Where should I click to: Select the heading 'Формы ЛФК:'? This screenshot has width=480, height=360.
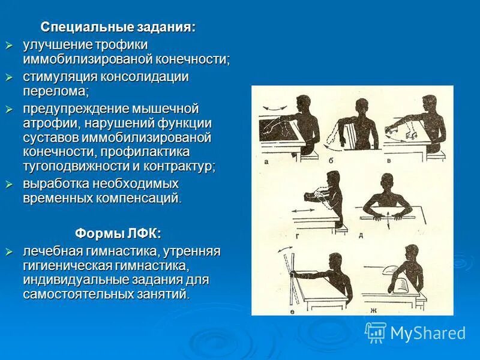click(x=118, y=233)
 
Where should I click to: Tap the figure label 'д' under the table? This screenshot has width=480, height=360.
click(x=361, y=235)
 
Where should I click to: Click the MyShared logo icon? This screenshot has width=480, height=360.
click(x=376, y=332)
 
